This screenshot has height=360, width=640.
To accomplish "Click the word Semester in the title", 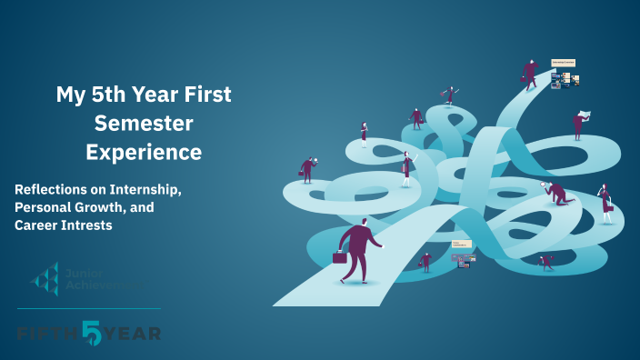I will point(144,123).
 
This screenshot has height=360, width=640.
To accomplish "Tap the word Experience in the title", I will point(144,152).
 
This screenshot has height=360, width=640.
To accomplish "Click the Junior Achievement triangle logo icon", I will point(45,279).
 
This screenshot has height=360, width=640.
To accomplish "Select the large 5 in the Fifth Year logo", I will point(93,333).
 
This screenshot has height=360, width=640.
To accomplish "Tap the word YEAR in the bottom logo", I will point(132,334).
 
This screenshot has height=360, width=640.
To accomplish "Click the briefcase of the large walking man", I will point(340,257).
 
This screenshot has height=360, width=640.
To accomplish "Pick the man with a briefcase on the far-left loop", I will point(307,169).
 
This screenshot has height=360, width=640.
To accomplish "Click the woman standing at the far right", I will point(605,202).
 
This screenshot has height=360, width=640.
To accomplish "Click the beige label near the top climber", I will point(563,63).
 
